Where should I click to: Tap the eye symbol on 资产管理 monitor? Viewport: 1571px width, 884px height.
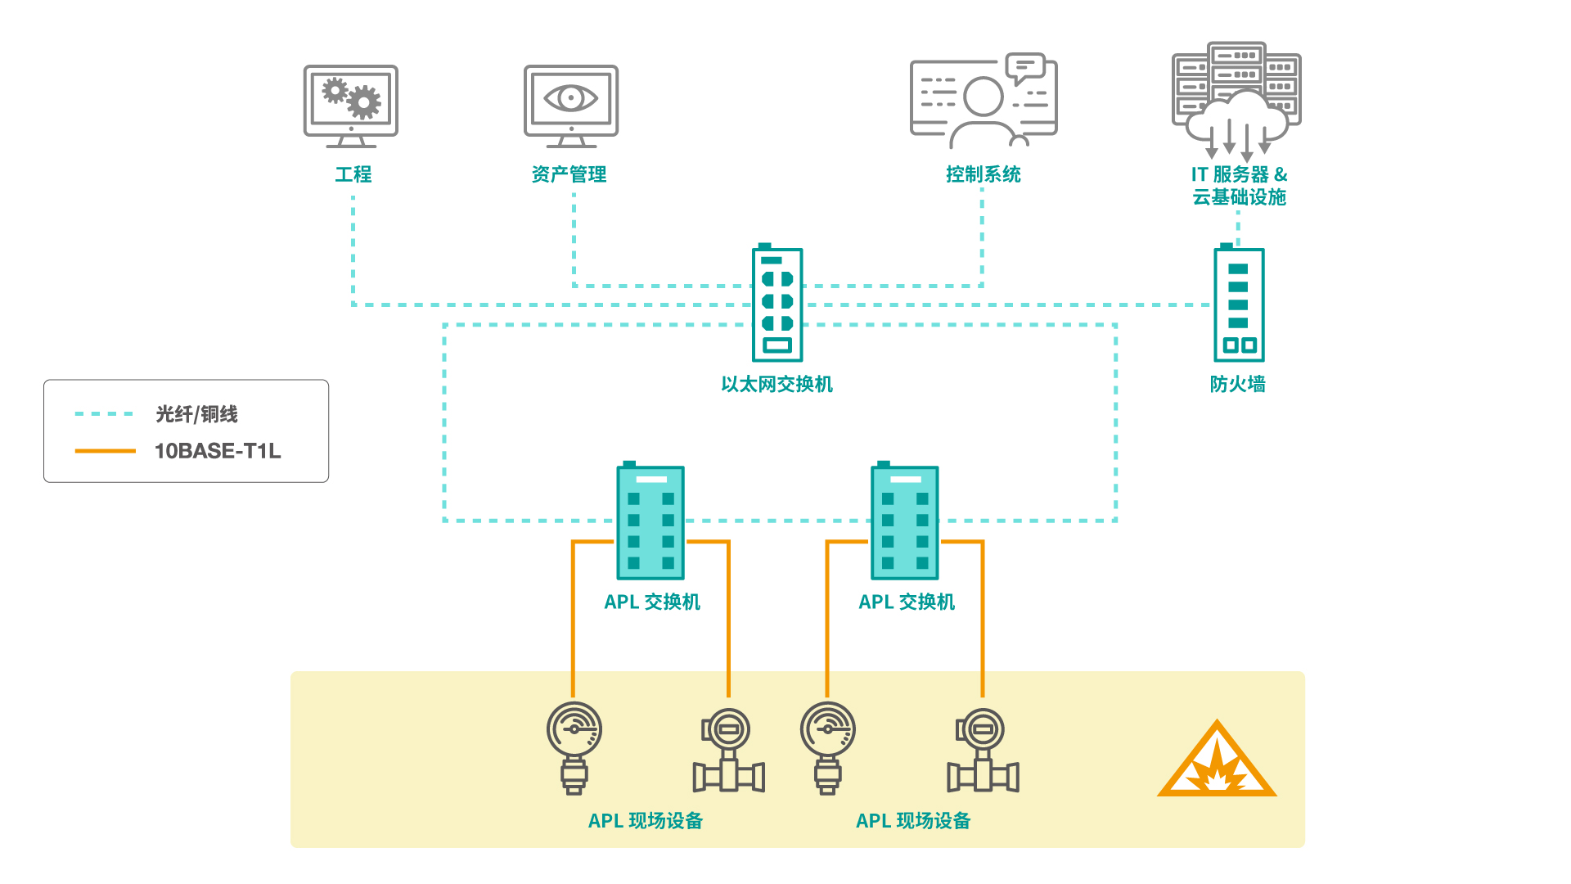571,98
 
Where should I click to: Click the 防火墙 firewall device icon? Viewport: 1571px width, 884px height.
1239,304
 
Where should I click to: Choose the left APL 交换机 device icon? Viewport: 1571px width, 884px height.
650,521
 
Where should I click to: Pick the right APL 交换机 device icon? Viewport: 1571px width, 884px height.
904,521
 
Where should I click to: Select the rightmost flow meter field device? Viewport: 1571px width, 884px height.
983,751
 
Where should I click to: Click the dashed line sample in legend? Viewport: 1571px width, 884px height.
104,414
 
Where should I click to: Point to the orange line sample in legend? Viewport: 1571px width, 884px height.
105,451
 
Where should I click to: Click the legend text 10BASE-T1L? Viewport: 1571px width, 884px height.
218,451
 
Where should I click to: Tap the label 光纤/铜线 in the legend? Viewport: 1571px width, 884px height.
197,414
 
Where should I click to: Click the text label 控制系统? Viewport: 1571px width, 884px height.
983,174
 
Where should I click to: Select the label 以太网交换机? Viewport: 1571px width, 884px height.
776,384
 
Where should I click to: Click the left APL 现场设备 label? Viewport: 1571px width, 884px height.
646,821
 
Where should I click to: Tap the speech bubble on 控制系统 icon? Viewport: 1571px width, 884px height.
1025,67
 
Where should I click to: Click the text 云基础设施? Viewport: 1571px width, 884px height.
1239,197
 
